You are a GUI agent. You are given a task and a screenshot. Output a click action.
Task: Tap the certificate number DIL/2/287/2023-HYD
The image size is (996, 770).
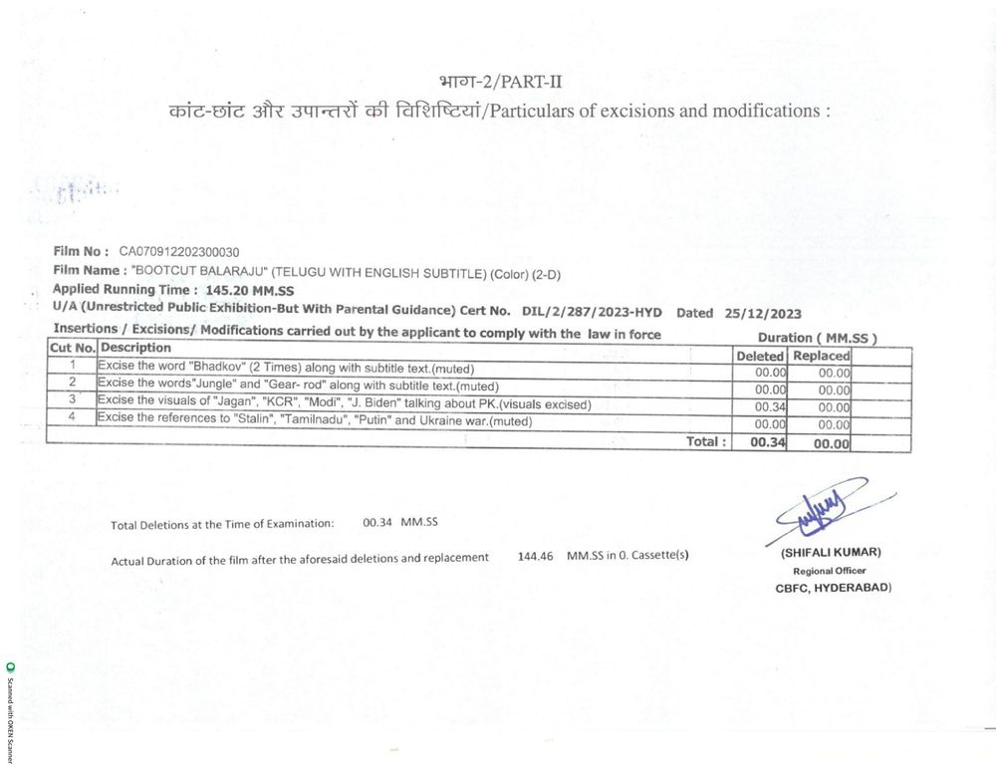592,312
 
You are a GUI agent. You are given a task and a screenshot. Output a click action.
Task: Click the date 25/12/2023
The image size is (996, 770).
763,312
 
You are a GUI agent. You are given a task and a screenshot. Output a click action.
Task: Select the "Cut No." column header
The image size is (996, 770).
72,349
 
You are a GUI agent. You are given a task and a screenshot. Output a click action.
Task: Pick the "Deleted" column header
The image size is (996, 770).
759,356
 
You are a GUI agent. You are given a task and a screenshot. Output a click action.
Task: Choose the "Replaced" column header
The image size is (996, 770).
820,356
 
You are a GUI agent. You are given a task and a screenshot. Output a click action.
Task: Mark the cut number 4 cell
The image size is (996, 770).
72,419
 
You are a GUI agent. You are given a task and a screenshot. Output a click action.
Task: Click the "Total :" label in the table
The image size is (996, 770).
706,441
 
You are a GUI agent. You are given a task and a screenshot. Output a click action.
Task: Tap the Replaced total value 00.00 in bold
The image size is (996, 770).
831,444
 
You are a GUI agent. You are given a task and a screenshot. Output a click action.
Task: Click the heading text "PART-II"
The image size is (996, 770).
519,79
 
